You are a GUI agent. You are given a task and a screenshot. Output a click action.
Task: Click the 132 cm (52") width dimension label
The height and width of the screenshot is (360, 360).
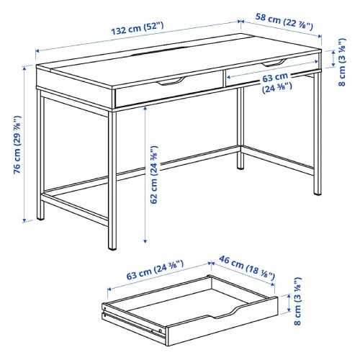[138, 29]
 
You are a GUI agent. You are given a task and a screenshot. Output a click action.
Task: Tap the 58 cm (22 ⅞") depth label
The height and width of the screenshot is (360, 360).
[284, 22]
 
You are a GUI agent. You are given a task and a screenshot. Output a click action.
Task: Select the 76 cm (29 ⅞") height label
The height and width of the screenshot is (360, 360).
[17, 145]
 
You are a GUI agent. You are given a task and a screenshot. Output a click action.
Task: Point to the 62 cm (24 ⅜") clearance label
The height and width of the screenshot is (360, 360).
[154, 175]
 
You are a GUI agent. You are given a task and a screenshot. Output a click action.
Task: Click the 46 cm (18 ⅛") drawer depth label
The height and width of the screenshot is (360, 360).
[247, 268]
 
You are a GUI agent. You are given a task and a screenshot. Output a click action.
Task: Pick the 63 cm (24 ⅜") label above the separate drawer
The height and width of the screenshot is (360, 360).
[155, 270]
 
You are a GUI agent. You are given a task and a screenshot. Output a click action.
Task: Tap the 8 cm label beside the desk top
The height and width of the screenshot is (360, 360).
[342, 62]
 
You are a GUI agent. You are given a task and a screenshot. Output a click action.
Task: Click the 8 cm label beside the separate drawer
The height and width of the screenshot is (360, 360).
[297, 301]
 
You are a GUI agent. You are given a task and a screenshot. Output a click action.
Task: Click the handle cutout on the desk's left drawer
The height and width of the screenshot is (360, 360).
[171, 81]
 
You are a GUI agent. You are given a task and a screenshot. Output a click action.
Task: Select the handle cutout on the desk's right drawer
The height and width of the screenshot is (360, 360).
[274, 63]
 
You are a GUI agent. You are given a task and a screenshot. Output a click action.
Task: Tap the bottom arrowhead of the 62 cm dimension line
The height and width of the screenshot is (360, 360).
[145, 240]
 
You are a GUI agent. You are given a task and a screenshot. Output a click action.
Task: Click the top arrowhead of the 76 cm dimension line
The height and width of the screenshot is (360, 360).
[24, 68]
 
